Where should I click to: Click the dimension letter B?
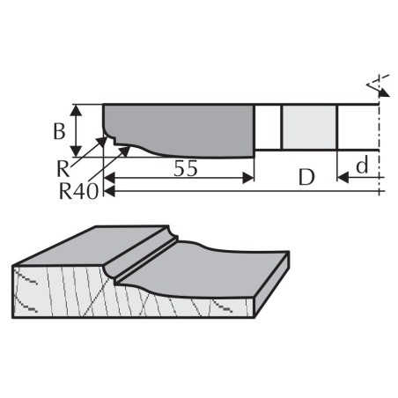click(x=59, y=131)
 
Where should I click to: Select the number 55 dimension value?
click(x=186, y=169)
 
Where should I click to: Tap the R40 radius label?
click(x=78, y=191)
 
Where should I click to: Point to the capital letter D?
click(x=306, y=177)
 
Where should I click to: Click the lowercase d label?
click(x=362, y=165)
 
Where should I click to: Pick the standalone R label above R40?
click(x=63, y=169)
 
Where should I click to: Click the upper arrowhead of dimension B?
click(x=77, y=110)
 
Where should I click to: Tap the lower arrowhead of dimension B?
click(x=77, y=151)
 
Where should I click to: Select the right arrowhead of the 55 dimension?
click(x=248, y=178)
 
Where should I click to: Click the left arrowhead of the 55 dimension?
click(x=109, y=178)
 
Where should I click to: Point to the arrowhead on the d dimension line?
click(x=343, y=178)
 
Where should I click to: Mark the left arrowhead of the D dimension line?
click(x=109, y=191)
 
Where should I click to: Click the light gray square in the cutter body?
click(x=309, y=127)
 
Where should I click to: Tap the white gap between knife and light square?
click(x=268, y=127)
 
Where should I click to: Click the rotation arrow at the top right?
click(x=379, y=86)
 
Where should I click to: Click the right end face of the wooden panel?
click(x=272, y=284)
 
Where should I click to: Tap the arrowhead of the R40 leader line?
click(x=125, y=151)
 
